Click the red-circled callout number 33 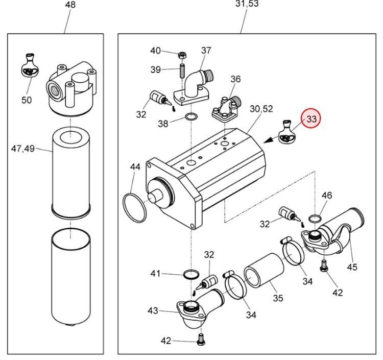[x=311, y=119]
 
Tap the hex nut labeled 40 [x=182, y=55]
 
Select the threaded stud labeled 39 [x=183, y=71]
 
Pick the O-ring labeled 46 [x=315, y=219]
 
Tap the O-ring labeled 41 [x=191, y=274]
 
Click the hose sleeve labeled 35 [x=264, y=270]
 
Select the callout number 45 [x=352, y=267]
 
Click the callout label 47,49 [x=23, y=149]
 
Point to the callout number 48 [x=70, y=5]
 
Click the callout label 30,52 [x=261, y=109]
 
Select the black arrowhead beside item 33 [x=269, y=140]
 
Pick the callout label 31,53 [x=247, y=4]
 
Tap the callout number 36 [x=235, y=79]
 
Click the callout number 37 [x=206, y=51]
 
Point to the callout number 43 [x=153, y=310]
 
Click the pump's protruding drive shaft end [x=155, y=197]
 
